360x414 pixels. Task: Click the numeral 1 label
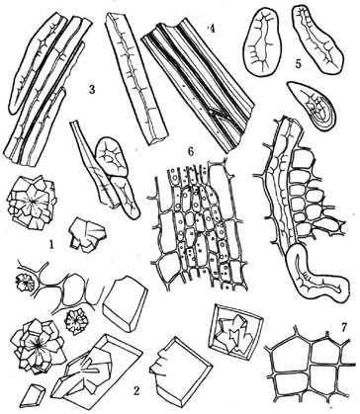pos(50,244)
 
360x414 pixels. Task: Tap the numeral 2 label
pos(136,390)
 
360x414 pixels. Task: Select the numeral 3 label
pos(92,90)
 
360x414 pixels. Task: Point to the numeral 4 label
pos(212,30)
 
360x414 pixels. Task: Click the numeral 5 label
pos(298,63)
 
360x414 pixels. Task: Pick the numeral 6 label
pos(190,151)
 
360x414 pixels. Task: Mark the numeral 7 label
pos(344,327)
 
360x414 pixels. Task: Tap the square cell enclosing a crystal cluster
pos(235,332)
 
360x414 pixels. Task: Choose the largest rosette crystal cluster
pos(37,346)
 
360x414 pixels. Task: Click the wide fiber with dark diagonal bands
pos(199,84)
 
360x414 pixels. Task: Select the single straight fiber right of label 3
pos(135,76)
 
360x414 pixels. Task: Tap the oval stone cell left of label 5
pos(263,42)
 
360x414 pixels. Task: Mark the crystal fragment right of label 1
pos(87,234)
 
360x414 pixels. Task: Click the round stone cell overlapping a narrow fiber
pos(111,156)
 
